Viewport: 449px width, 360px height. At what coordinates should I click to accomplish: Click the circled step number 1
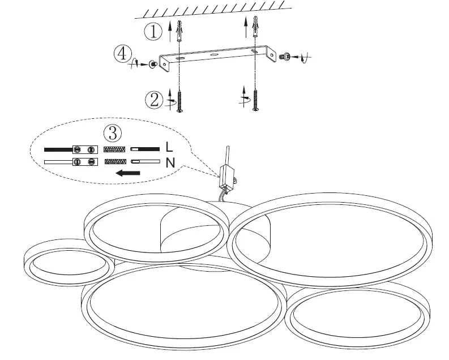pos(153,32)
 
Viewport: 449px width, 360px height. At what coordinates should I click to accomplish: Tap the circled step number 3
pos(113,133)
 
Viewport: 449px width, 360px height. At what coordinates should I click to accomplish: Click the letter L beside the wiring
pos(169,148)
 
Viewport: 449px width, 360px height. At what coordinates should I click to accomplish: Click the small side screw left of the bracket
pos(152,65)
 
